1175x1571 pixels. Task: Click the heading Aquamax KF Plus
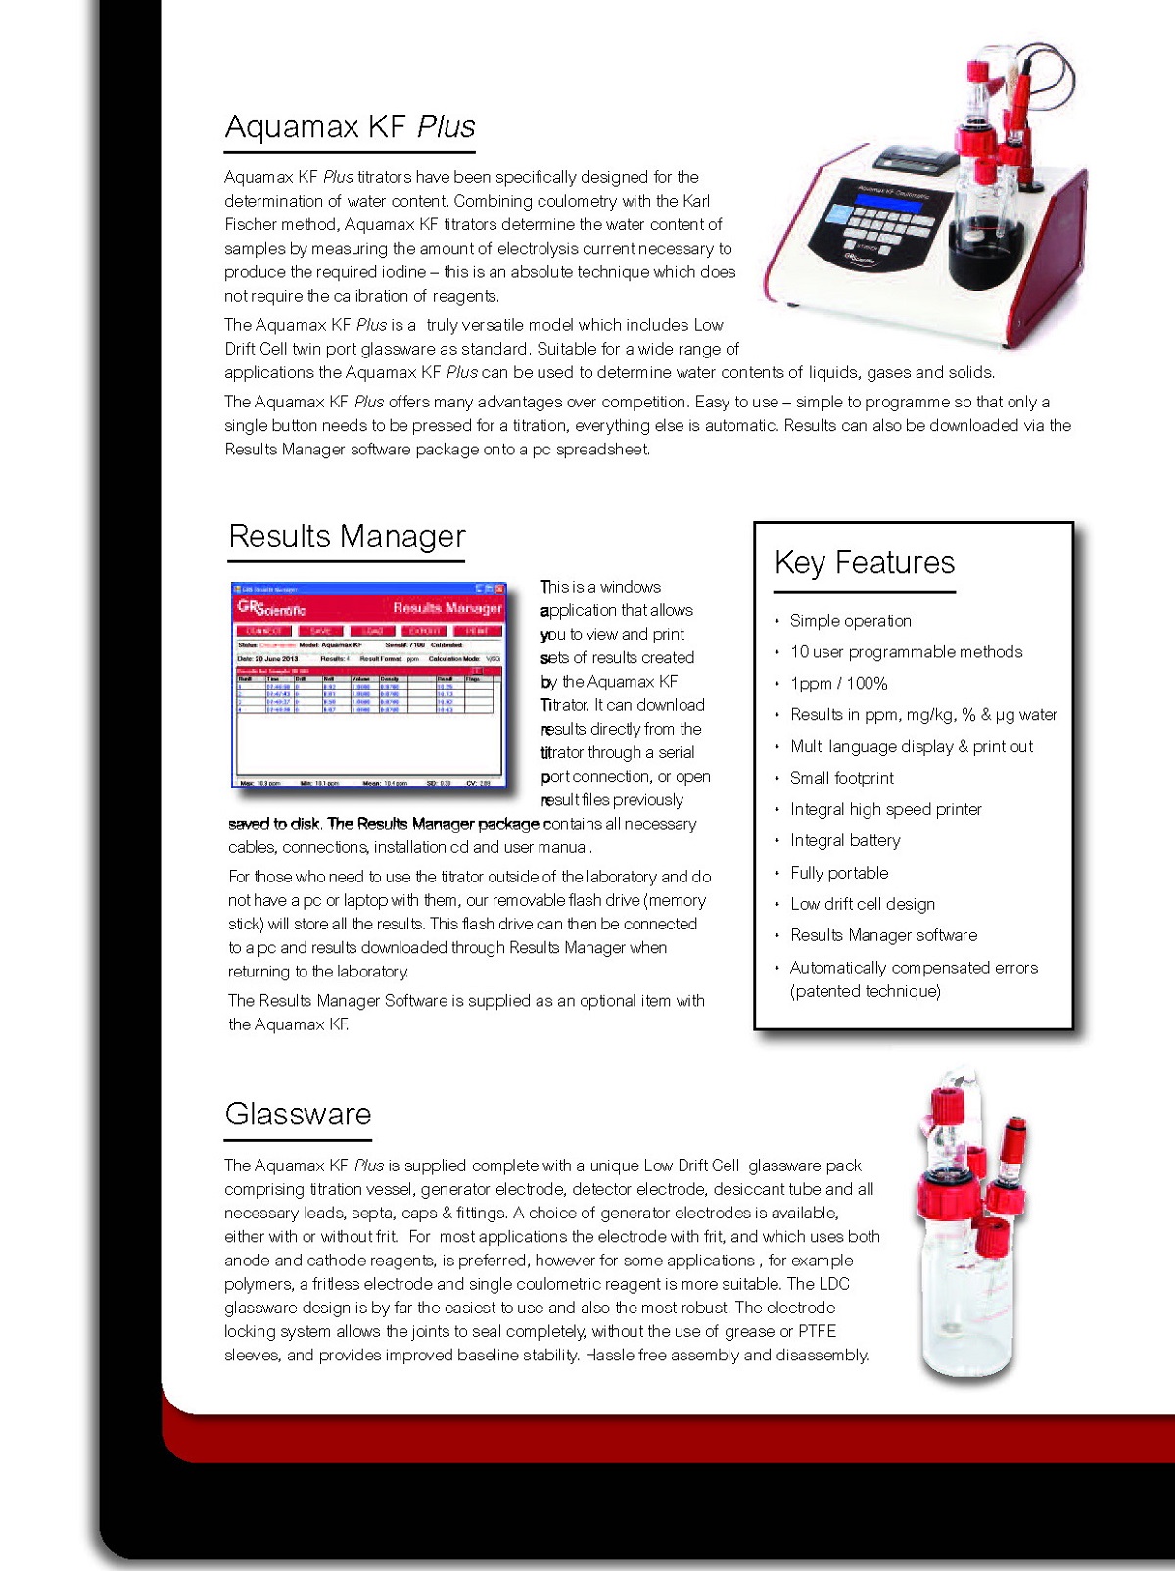[x=350, y=127]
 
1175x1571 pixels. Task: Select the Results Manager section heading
[x=347, y=537]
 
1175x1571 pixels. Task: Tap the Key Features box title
[x=864, y=563]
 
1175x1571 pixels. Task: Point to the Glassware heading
[x=298, y=1115]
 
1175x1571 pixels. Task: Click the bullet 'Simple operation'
[x=850, y=621]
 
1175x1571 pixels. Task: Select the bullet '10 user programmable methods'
[x=906, y=652]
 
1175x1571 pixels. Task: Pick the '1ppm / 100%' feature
[x=838, y=684]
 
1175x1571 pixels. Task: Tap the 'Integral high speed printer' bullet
[x=885, y=810]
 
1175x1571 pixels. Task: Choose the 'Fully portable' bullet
[x=839, y=873]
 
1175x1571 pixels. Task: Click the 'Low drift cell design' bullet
[x=862, y=904]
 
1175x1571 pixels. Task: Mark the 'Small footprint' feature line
[x=841, y=778]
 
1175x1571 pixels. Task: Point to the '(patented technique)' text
[x=865, y=991]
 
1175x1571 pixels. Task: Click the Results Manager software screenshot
[x=369, y=686]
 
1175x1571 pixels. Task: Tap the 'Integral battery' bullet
[x=844, y=840]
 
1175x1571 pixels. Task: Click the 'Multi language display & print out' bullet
[x=911, y=747]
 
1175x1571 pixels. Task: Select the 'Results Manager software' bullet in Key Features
[x=883, y=935]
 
